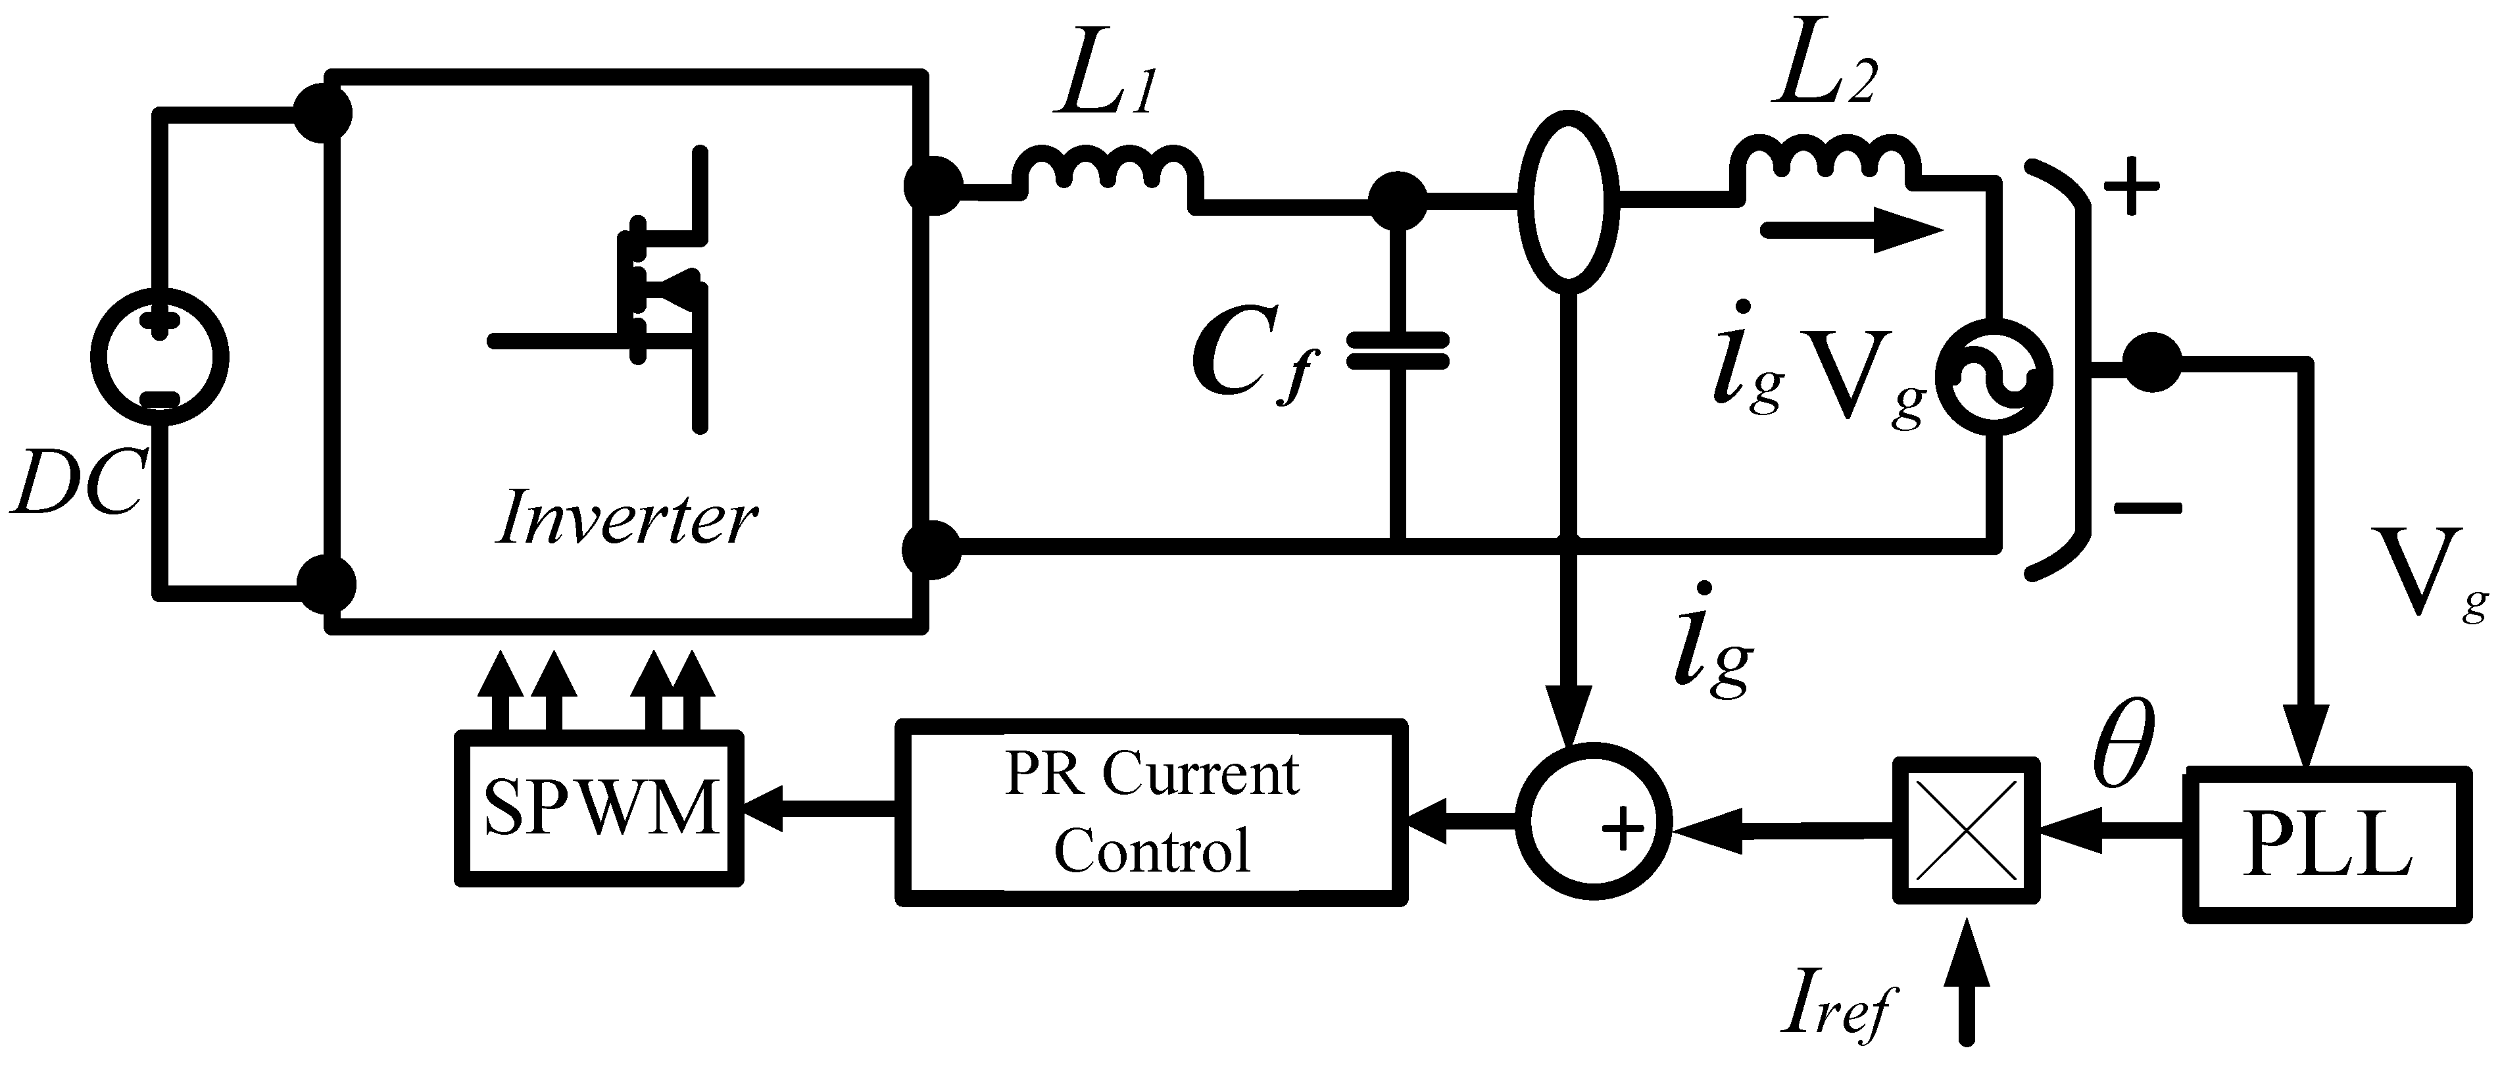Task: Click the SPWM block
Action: tap(600, 808)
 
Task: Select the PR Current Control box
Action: tap(1151, 812)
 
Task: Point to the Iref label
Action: tap(1837, 1010)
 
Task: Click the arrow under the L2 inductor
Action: tap(1851, 231)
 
